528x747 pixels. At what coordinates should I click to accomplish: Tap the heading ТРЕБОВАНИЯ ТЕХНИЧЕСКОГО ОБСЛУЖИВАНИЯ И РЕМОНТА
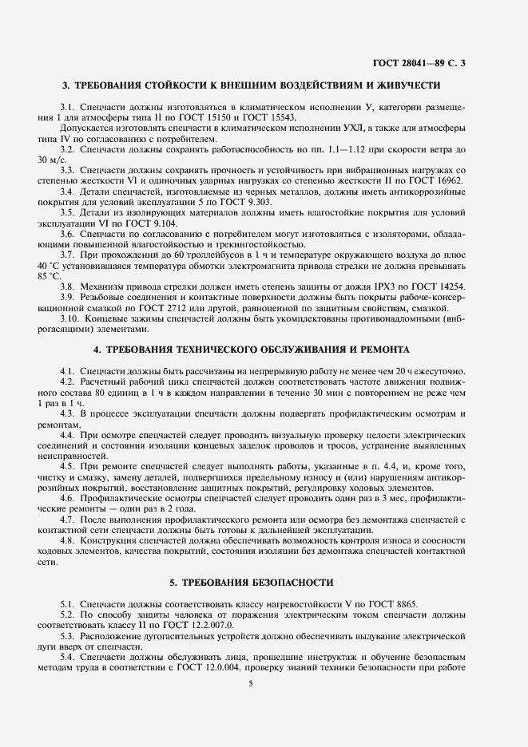(251, 350)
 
